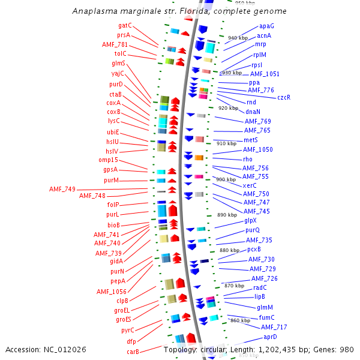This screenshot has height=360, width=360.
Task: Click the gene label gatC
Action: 125,26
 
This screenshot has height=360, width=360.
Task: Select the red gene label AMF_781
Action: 115,45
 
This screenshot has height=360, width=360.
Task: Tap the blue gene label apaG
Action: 266,26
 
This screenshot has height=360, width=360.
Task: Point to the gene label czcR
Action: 284,97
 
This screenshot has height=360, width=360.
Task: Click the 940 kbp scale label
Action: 238,38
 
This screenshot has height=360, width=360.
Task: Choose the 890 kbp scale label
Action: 227,215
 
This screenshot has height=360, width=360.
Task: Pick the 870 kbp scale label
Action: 234,286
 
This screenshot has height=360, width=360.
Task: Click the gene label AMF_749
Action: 62,190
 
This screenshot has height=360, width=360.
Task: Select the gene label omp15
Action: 108,160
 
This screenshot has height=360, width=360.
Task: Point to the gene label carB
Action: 133,352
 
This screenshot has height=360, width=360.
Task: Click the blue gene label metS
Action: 251,140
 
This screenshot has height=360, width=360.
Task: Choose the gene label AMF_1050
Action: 259,149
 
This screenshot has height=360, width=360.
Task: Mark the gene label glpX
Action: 250,220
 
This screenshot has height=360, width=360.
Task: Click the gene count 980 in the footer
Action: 347,349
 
